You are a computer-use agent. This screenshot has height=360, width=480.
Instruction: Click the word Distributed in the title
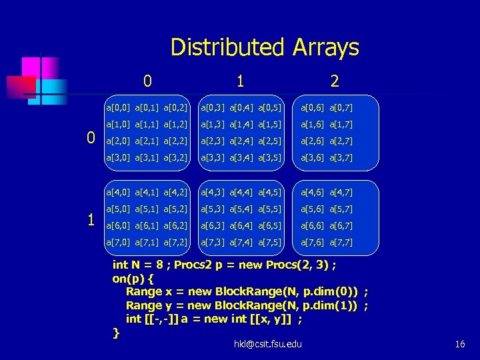pos(227,47)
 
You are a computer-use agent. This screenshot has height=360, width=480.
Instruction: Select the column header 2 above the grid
pos(335,81)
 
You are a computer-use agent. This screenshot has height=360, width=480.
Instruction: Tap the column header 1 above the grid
pos(240,81)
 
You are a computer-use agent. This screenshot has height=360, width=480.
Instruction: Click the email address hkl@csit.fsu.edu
pos(267,344)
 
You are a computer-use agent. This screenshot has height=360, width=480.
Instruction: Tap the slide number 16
pos(459,344)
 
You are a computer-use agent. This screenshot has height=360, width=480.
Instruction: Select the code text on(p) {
pos(133,279)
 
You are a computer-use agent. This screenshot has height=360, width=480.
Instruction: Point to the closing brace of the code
pos(117,332)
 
